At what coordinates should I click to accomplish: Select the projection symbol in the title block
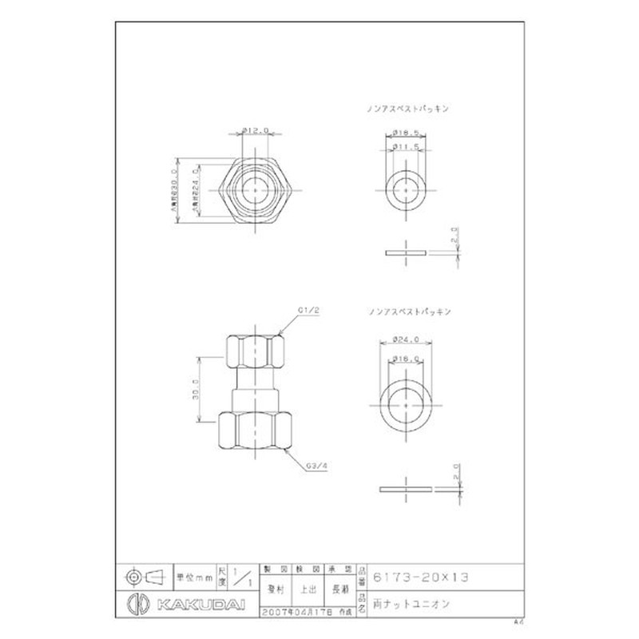point(145,574)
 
